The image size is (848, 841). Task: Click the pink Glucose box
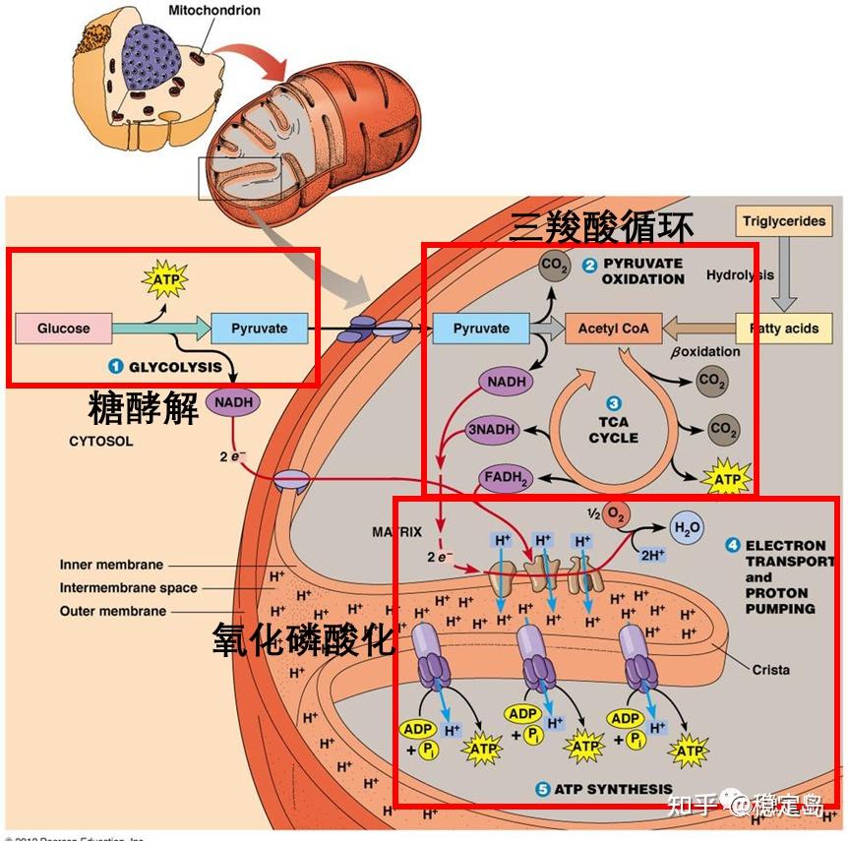[x=63, y=328]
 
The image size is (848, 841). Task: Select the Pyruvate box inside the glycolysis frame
[x=259, y=328]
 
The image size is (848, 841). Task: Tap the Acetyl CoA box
[x=613, y=328]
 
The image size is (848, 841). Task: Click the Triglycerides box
[x=783, y=221]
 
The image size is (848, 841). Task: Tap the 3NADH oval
[x=491, y=431]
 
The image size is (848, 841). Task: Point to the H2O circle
[x=686, y=527]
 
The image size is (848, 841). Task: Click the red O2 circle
[x=616, y=514]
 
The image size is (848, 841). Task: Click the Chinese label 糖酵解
[x=143, y=406]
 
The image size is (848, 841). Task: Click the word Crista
[x=770, y=669]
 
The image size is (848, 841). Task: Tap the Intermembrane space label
[x=128, y=588]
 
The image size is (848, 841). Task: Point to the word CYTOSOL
[x=100, y=441]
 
